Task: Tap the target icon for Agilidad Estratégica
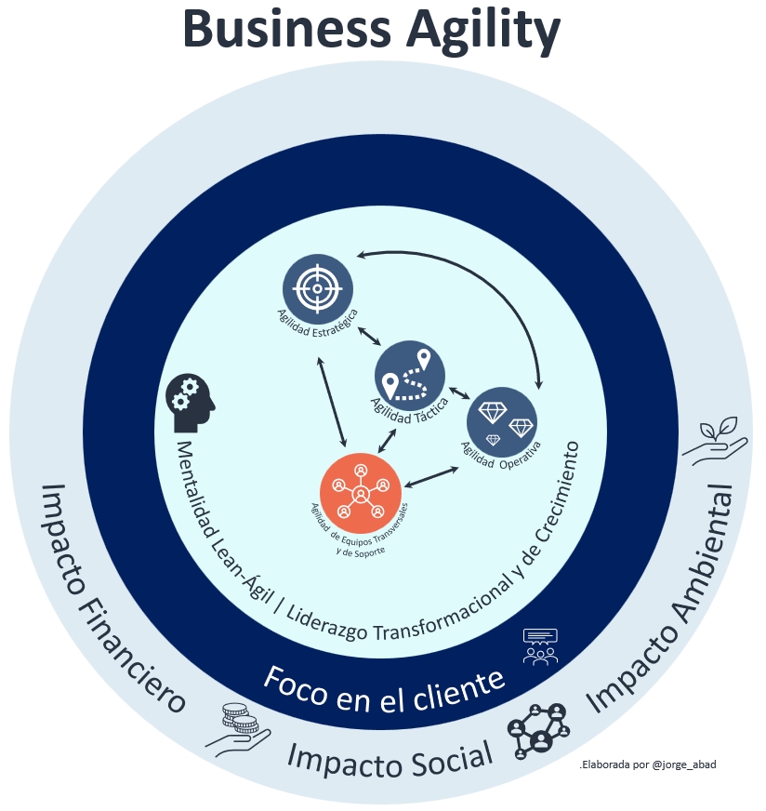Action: coord(317,288)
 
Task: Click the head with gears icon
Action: coord(190,402)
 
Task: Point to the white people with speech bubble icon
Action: coord(540,645)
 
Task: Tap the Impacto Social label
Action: coord(389,758)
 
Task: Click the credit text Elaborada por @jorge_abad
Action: coord(647,764)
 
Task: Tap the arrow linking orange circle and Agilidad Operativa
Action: coord(434,476)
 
